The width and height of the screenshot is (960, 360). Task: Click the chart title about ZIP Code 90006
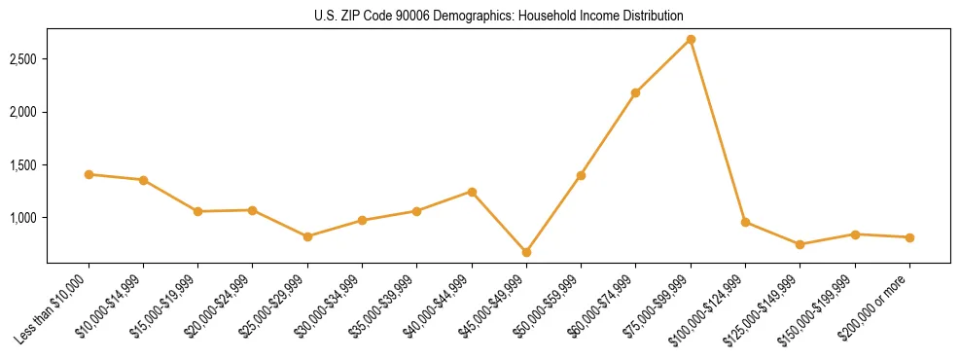pyautogui.click(x=499, y=16)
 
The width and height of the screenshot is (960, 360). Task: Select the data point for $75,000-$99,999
pyautogui.click(x=691, y=39)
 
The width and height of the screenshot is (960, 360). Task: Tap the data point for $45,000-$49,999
pyautogui.click(x=526, y=252)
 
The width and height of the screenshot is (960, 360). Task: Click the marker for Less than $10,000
pyautogui.click(x=89, y=174)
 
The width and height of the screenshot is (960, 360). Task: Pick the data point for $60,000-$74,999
pyautogui.click(x=636, y=92)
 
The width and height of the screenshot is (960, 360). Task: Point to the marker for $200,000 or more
pyautogui.click(x=909, y=237)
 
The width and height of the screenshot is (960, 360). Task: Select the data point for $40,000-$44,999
pyautogui.click(x=472, y=192)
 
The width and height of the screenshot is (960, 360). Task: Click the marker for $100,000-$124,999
pyautogui.click(x=745, y=222)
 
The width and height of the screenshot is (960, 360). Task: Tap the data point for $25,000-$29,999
pyautogui.click(x=307, y=236)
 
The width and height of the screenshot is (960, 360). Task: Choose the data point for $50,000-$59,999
pyautogui.click(x=581, y=175)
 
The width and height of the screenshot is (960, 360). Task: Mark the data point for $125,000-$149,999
pyautogui.click(x=800, y=244)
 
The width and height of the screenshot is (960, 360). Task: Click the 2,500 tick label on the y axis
pyautogui.click(x=23, y=59)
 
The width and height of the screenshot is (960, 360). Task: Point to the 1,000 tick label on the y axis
pyautogui.click(x=23, y=218)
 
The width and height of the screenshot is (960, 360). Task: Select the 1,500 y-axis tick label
pyautogui.click(x=23, y=165)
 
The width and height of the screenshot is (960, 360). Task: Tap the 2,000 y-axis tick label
pyautogui.click(x=23, y=112)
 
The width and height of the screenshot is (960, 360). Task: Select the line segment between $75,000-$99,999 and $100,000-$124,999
pyautogui.click(x=718, y=130)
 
